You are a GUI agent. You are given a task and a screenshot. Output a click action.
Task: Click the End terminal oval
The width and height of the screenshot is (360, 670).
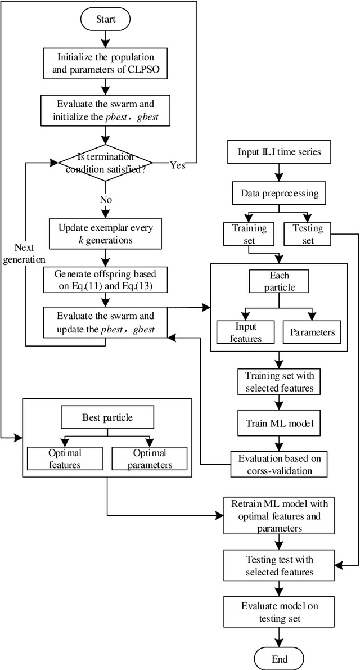pos(280,659)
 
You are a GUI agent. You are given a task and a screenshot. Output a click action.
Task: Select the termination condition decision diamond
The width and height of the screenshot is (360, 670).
pos(106,163)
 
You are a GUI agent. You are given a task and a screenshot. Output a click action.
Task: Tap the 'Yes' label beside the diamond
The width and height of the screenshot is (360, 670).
pos(177,165)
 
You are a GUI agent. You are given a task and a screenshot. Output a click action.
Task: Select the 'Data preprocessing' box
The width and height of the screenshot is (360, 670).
pos(280,193)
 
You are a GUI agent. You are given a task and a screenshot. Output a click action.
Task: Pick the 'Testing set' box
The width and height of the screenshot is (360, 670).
pos(308,234)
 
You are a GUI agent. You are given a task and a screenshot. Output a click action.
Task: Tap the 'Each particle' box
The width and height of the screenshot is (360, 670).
pos(280,282)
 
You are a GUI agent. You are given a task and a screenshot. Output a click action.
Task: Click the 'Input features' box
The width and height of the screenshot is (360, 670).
pos(246,332)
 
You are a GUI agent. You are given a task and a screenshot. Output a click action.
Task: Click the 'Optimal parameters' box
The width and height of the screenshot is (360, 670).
pos(150,458)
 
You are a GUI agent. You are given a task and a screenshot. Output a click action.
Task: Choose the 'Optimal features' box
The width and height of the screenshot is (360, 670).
pos(65,458)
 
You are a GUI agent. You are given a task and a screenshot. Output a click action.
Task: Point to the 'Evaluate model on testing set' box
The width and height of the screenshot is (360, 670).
pos(280,611)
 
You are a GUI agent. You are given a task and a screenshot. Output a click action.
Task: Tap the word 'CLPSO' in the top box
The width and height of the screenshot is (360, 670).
pos(150,70)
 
